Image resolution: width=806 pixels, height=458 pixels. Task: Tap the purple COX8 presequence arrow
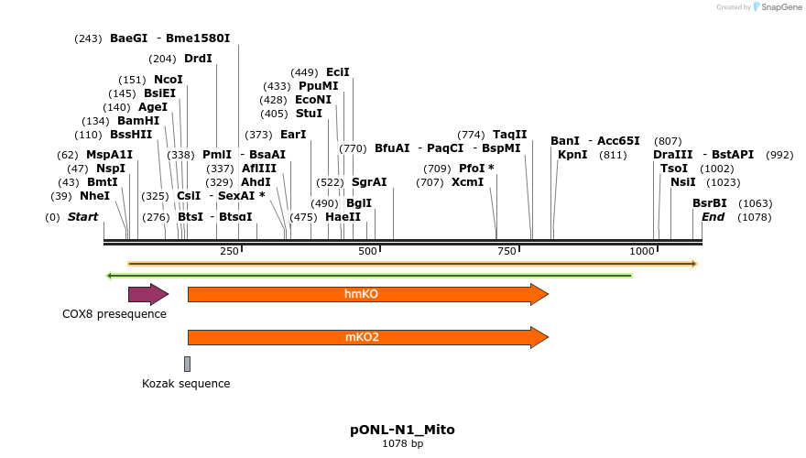147,294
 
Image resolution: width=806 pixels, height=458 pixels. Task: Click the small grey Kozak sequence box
187,364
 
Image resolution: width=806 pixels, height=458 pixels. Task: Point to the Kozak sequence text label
186,384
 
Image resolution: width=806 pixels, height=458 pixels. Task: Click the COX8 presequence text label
114,314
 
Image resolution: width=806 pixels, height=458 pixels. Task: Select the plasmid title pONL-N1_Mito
402,430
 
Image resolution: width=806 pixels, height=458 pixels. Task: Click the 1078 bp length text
402,444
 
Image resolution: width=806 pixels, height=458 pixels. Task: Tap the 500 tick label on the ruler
367,251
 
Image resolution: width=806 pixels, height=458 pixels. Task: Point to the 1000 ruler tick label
643,251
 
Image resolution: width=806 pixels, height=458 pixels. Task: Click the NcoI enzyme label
168,80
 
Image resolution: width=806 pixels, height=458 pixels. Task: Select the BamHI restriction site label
138,121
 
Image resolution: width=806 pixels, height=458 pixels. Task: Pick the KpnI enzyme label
572,155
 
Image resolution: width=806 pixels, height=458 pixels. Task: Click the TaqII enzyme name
510,135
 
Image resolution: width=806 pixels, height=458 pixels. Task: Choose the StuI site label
309,114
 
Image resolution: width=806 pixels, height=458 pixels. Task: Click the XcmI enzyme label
467,182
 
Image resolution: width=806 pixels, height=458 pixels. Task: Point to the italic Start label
83,217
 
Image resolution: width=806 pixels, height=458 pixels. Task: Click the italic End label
713,217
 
